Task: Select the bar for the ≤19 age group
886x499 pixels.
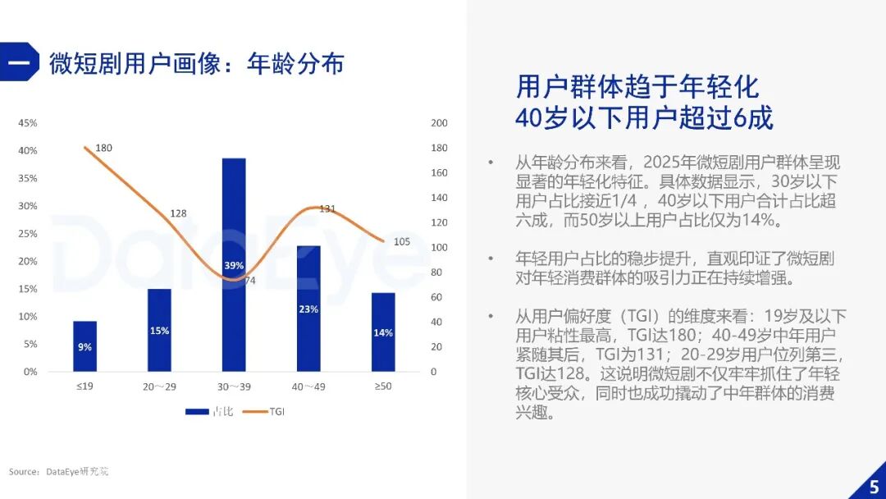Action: (x=84, y=346)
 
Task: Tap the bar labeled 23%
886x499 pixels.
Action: (x=308, y=309)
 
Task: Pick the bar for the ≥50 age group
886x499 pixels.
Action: (x=383, y=332)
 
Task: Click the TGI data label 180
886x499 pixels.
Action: (x=103, y=148)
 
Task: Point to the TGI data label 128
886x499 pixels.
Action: (x=178, y=213)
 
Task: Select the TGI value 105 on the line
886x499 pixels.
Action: (x=402, y=241)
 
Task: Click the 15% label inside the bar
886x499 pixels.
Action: (x=159, y=331)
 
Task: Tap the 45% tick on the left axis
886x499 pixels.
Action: (x=28, y=123)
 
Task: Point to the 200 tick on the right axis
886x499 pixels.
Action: (x=440, y=123)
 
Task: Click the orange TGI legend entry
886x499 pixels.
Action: (x=263, y=411)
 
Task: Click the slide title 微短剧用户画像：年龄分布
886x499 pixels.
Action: (x=196, y=63)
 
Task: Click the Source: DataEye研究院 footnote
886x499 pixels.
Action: (x=58, y=472)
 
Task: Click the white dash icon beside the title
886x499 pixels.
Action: (x=19, y=62)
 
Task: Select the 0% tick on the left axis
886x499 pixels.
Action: (x=30, y=372)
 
